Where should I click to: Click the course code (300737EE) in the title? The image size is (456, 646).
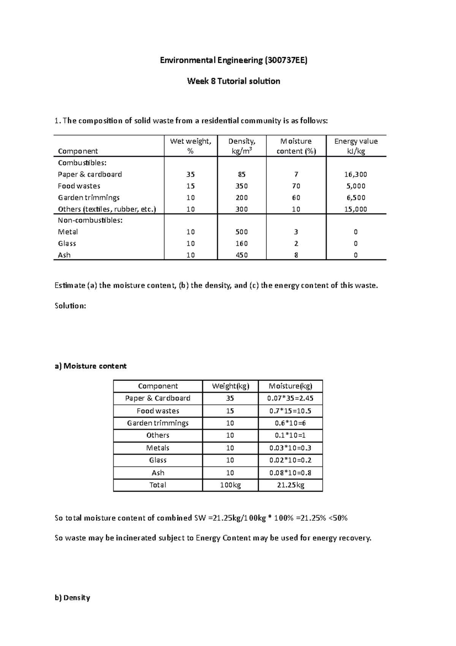[x=285, y=60]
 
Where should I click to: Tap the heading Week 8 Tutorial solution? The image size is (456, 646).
[x=233, y=81]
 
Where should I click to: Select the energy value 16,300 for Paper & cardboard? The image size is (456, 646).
[x=356, y=175]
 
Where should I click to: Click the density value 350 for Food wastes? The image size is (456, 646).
[x=242, y=186]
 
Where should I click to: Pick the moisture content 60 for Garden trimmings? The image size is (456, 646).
[x=296, y=197]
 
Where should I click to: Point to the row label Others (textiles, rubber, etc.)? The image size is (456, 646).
[x=107, y=209]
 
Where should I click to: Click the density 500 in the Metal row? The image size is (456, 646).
[x=242, y=232]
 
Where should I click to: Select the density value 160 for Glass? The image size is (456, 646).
[x=242, y=243]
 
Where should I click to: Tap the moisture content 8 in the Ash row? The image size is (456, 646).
[x=296, y=255]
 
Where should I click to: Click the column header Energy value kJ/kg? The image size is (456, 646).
[x=356, y=146]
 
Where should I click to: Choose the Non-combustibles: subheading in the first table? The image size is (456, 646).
[x=90, y=221]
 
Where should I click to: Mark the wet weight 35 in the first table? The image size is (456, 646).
[x=190, y=175]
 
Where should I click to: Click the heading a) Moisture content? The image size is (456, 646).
[x=90, y=366]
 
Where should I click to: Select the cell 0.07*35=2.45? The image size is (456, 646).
[x=290, y=398]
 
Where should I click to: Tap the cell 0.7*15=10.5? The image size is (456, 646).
[x=290, y=411]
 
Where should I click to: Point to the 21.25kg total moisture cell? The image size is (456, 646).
[x=290, y=485]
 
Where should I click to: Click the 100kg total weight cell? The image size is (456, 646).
[x=230, y=485]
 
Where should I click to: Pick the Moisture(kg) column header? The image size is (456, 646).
[x=290, y=386]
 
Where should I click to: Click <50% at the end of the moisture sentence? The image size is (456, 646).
[x=338, y=518]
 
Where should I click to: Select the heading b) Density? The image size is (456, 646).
[x=72, y=598]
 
